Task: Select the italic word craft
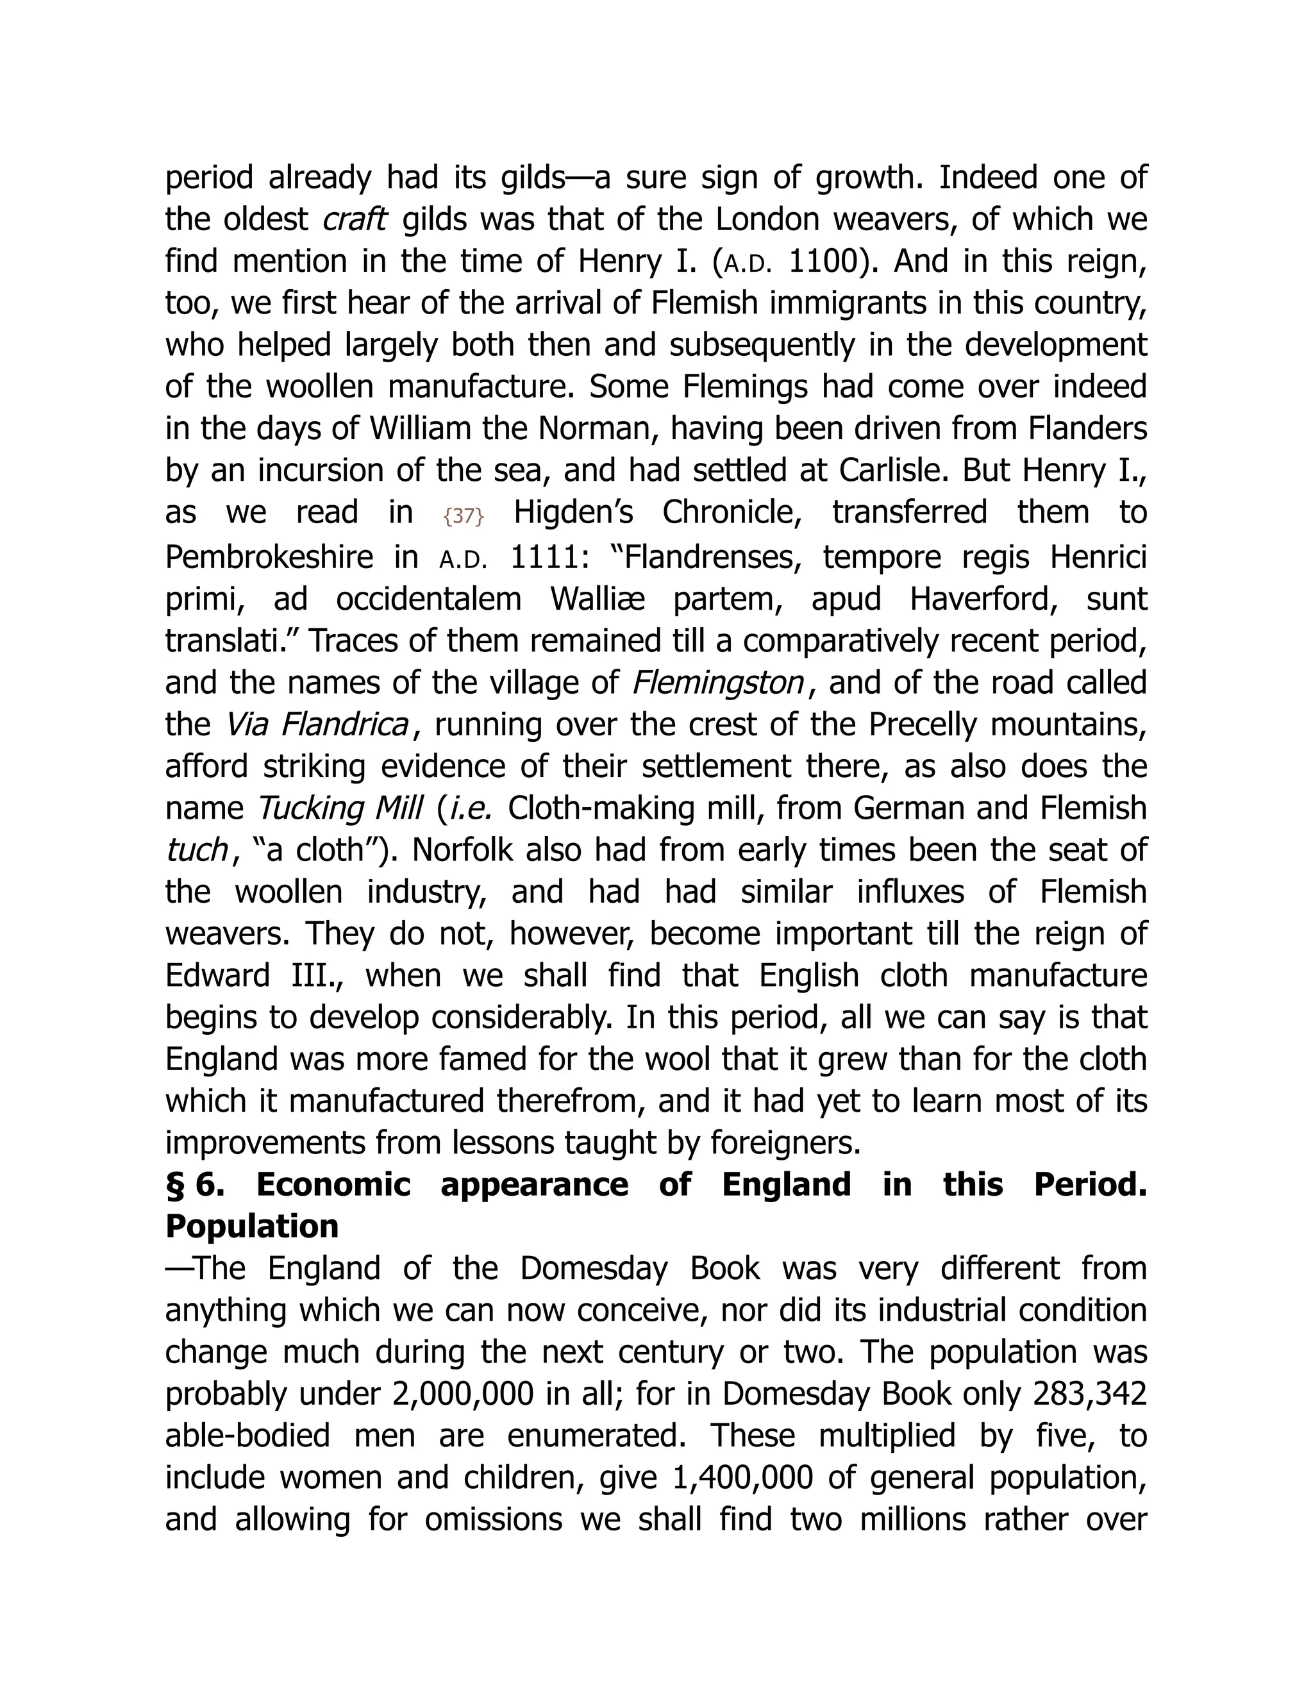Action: coord(354,219)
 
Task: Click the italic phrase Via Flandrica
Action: coord(317,725)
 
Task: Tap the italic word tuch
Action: coord(196,850)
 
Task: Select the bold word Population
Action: coord(252,1226)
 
